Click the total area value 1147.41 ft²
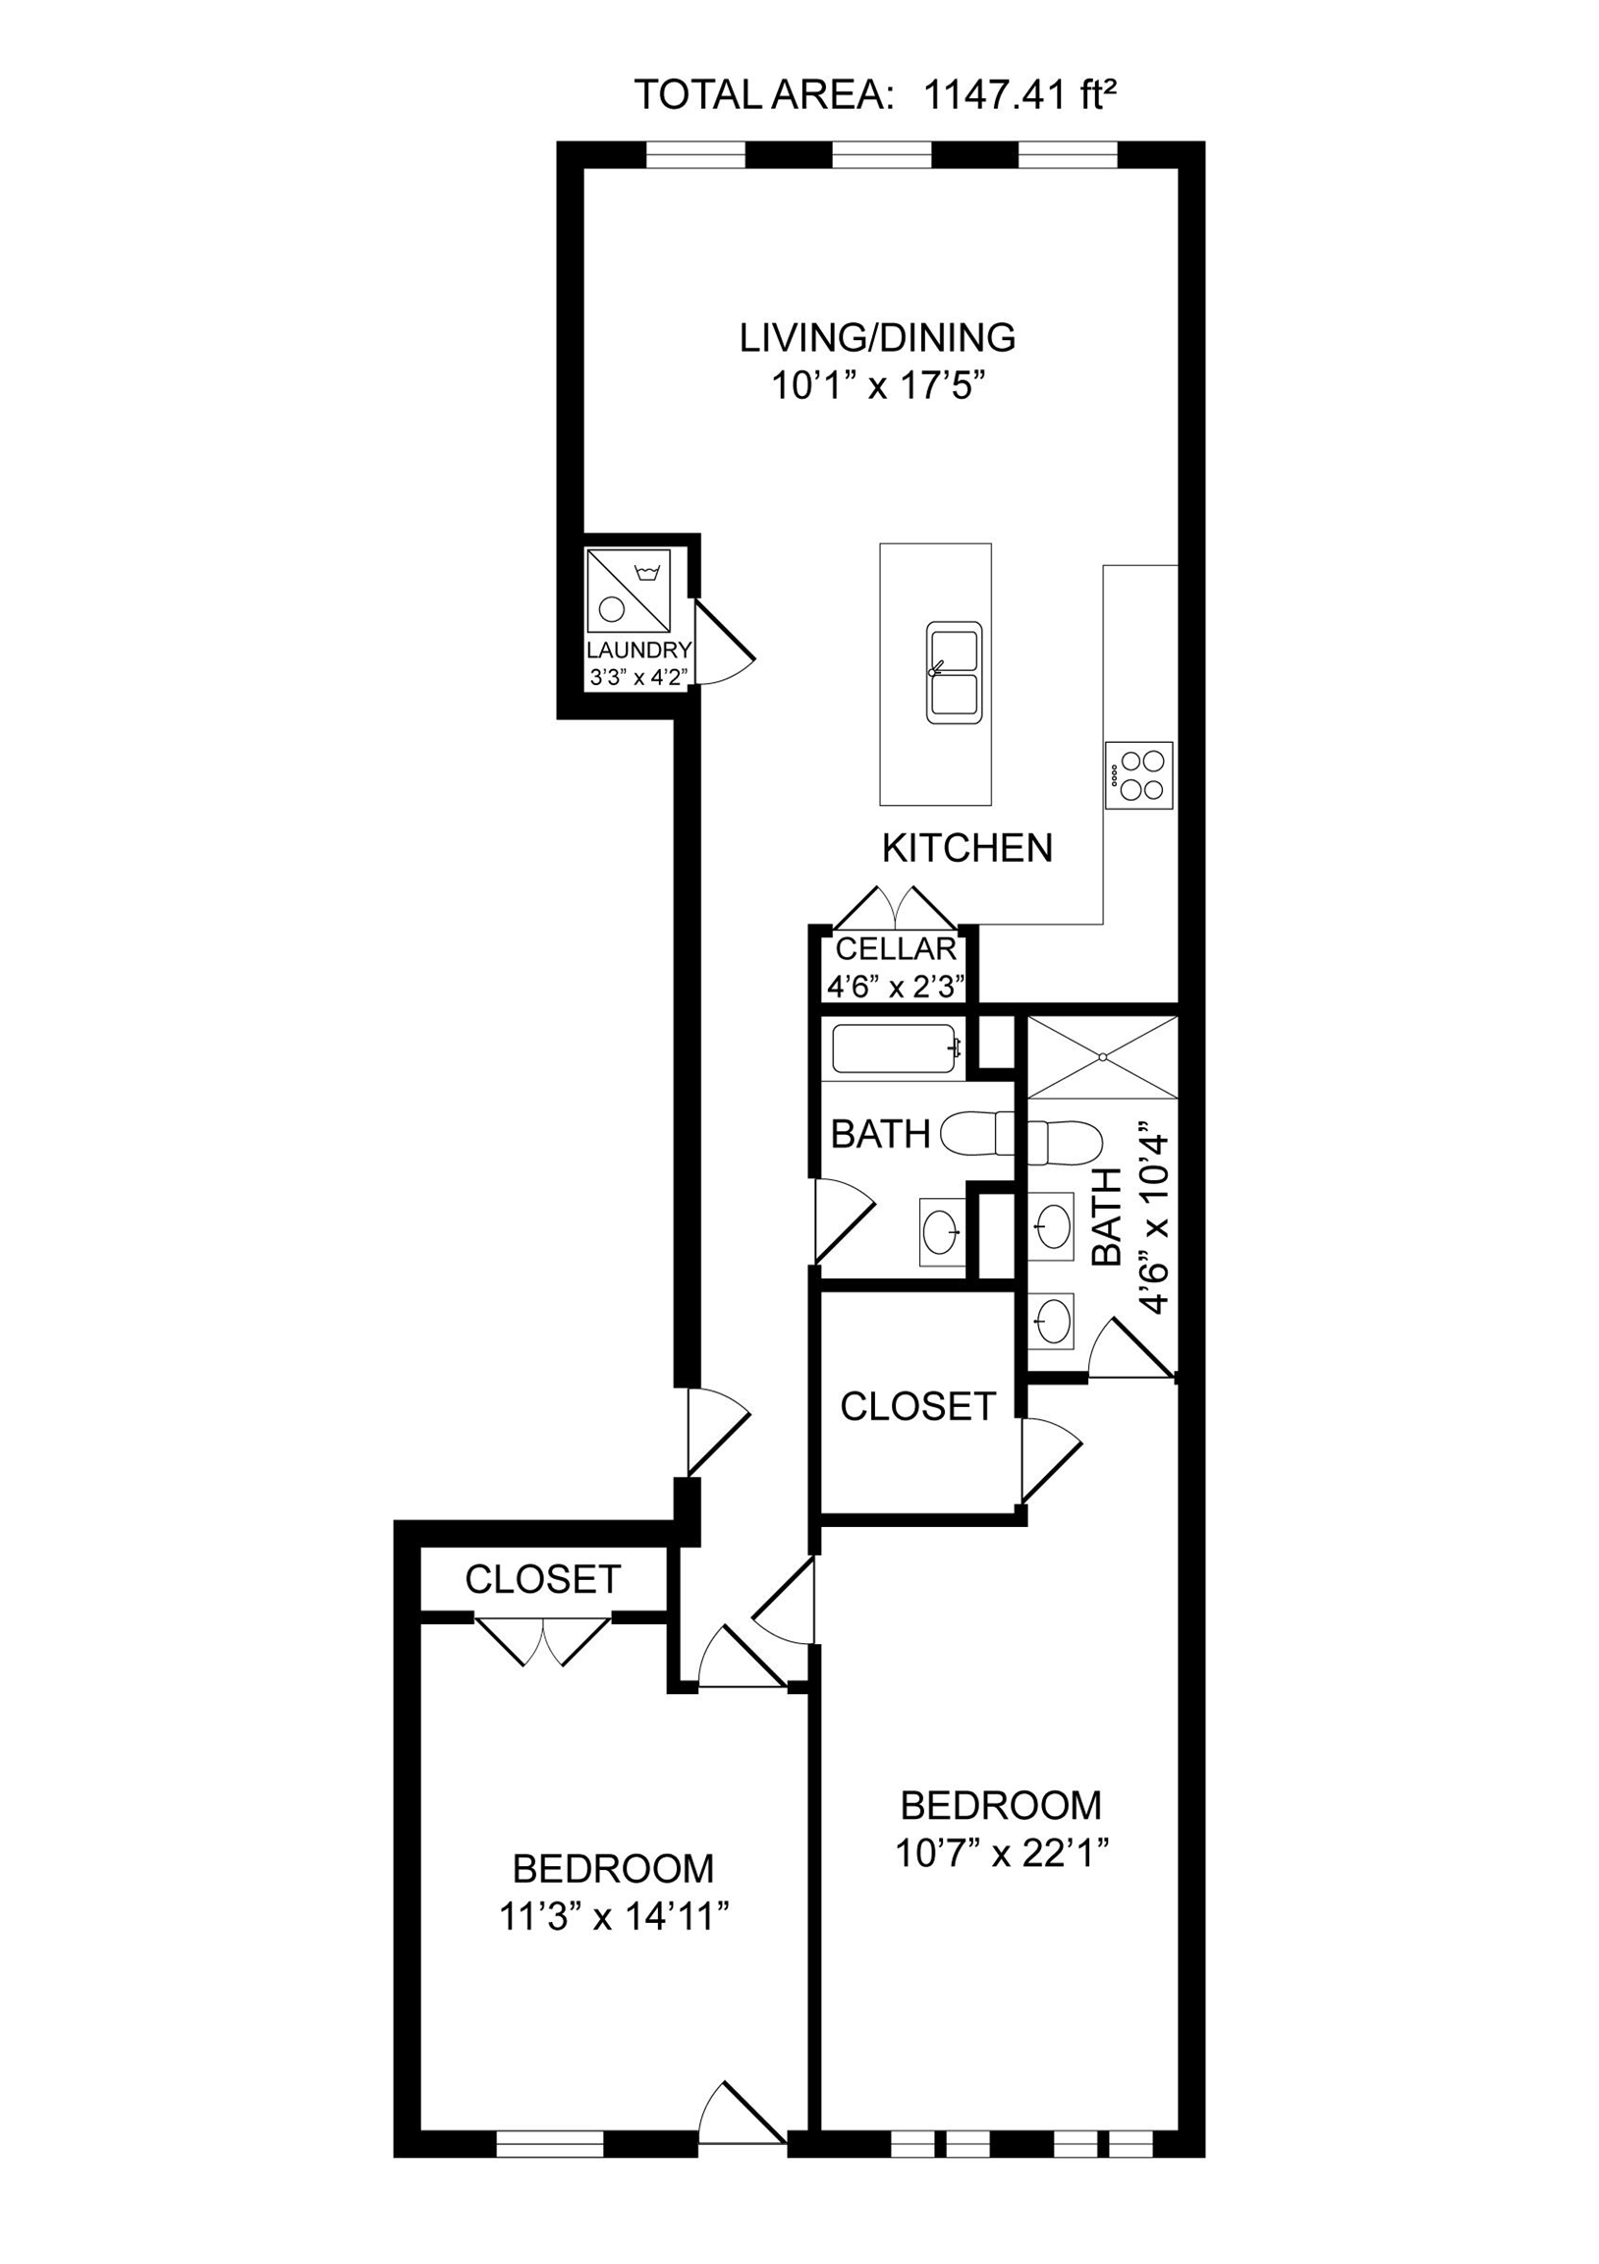(1020, 95)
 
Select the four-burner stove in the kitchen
(1139, 775)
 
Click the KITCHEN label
(966, 848)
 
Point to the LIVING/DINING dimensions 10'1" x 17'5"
(877, 385)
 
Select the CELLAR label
(895, 948)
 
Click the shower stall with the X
(1102, 1056)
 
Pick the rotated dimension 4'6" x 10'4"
(1153, 1217)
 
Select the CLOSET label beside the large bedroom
(916, 1406)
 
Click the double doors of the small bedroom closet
(542, 1641)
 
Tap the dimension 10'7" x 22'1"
(1002, 1854)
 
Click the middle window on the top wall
(881, 156)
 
